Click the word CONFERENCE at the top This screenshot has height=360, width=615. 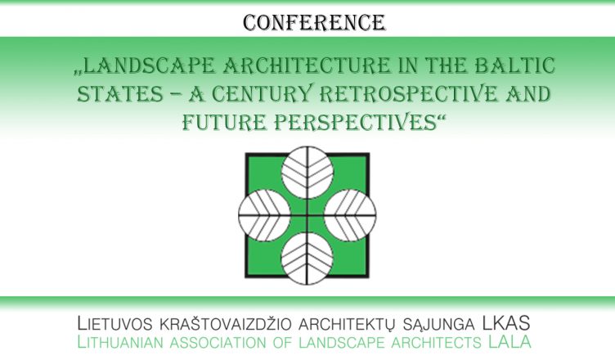[x=314, y=23]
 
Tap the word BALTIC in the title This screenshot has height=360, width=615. [x=515, y=65]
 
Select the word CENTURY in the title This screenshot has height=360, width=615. [x=263, y=94]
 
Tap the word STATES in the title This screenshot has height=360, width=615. [x=119, y=94]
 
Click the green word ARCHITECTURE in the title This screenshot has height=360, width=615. [x=307, y=65]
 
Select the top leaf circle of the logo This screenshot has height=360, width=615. [x=307, y=173]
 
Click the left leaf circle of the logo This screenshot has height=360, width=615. [x=264, y=215]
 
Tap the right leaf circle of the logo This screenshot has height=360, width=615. [x=350, y=215]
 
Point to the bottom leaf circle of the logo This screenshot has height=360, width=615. [x=307, y=259]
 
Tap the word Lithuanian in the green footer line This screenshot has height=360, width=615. [x=120, y=342]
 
